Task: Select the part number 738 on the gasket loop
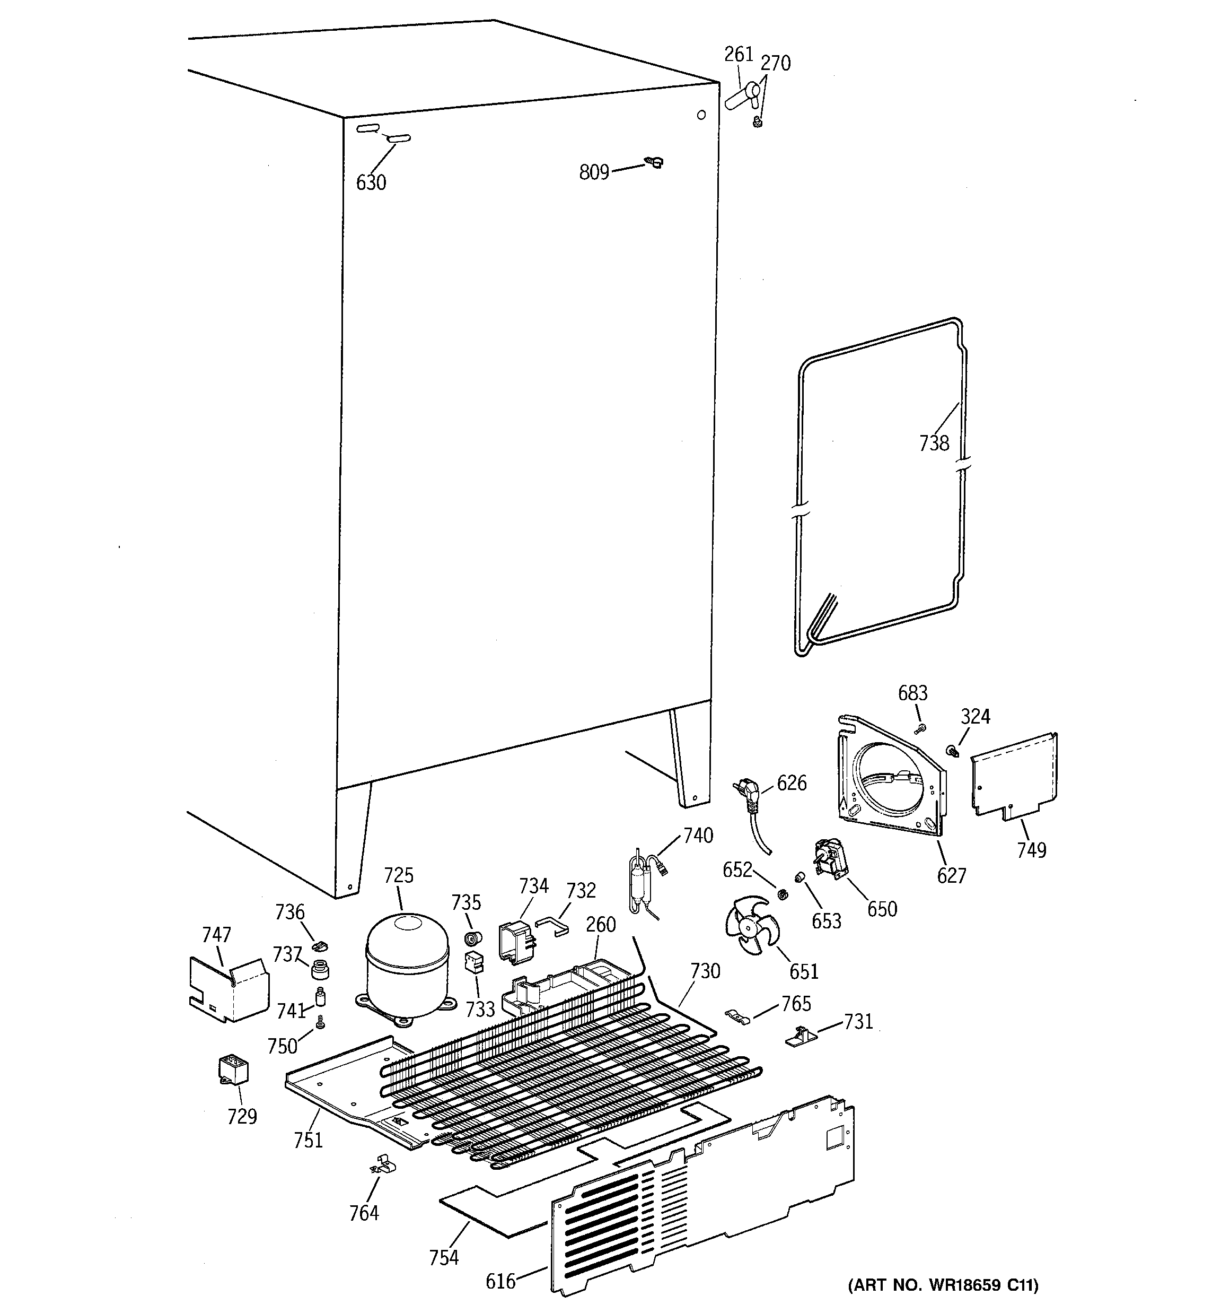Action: (x=934, y=442)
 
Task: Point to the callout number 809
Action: (x=594, y=172)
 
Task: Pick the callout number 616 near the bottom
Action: (x=500, y=1281)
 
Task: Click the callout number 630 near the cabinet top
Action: (x=371, y=182)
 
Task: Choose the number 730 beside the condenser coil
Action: (x=705, y=971)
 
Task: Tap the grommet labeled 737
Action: (x=320, y=969)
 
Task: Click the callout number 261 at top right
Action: (x=738, y=54)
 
